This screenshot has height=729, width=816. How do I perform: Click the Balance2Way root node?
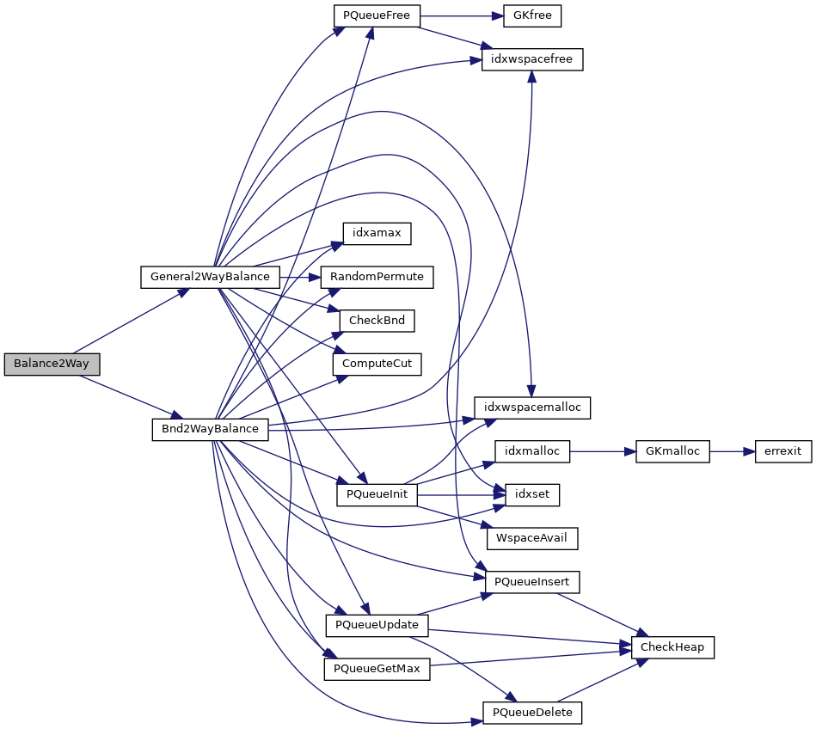pos(52,364)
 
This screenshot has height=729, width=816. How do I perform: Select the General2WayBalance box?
pos(210,277)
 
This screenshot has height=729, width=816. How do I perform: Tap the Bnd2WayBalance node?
pos(211,428)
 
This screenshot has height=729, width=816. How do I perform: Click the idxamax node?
pos(377,233)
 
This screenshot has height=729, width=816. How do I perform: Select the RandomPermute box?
pos(377,277)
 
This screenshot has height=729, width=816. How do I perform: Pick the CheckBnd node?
pos(377,321)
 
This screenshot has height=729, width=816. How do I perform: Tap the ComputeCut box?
pos(377,364)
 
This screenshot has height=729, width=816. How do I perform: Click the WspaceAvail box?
pos(532,539)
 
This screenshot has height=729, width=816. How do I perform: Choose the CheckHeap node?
pos(673,647)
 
